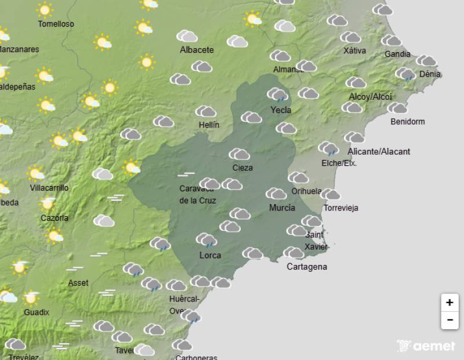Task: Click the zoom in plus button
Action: pos(449,303)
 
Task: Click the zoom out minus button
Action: pos(449,320)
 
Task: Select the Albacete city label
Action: pos(197,50)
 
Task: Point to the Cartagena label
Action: pos(307,267)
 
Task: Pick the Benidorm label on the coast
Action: pos(408,122)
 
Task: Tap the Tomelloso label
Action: pos(56,24)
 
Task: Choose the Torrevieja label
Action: pos(341,208)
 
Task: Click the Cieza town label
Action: pos(242,168)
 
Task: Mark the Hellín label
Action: pos(208,125)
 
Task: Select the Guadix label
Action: pos(37,312)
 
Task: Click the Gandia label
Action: pos(397,54)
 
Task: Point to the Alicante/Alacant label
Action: pos(379,151)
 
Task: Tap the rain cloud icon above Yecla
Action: pos(278,94)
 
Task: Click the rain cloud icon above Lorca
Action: pos(206,239)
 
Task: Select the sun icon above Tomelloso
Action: pos(44,9)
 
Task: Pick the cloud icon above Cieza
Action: pos(239,154)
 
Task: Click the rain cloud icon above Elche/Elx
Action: pos(328,148)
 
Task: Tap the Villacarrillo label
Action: pos(49,188)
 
